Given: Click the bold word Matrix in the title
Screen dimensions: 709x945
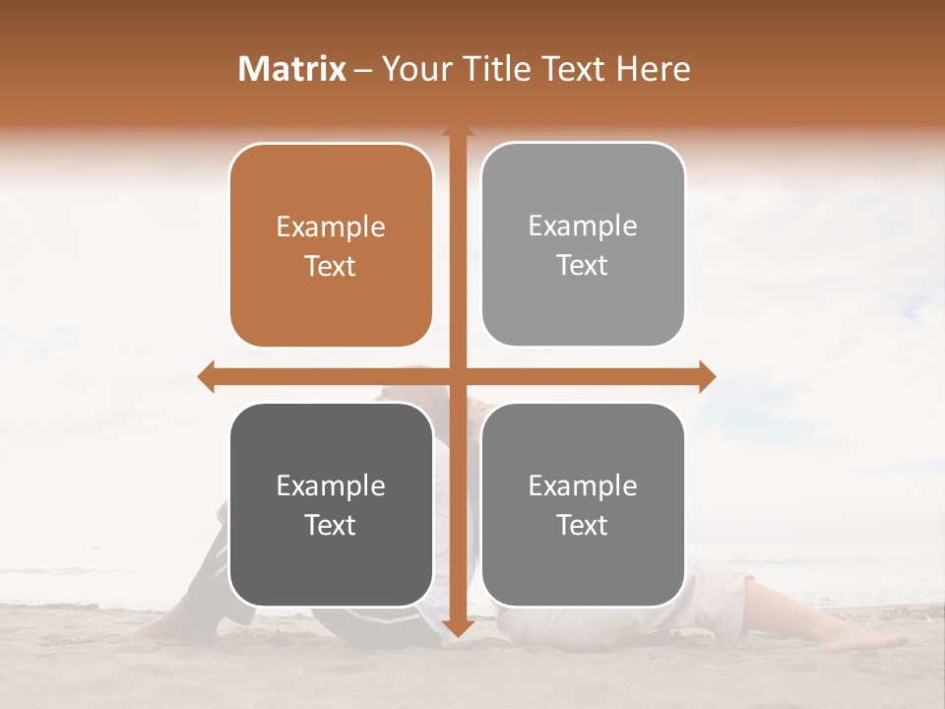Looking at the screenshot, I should (292, 69).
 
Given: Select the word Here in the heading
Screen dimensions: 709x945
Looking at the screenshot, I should (654, 69).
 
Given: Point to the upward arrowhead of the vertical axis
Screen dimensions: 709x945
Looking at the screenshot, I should (457, 131).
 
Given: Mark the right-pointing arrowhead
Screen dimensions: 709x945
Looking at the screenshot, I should (706, 376).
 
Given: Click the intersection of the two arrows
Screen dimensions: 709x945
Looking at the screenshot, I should (457, 376).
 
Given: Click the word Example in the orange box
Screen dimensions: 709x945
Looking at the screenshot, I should (331, 227).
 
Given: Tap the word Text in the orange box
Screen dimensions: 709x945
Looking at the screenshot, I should (331, 266).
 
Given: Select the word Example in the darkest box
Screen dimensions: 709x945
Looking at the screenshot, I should (331, 486).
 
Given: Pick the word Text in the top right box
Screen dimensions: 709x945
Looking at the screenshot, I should (583, 266).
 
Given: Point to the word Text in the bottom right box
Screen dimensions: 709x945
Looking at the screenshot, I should (583, 525).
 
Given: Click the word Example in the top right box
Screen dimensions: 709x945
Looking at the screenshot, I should (583, 226).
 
